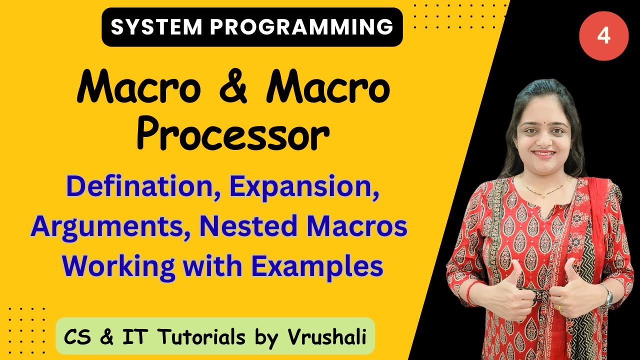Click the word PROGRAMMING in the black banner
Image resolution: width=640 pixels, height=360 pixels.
click(x=300, y=27)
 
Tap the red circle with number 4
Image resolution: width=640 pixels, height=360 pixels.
click(x=603, y=36)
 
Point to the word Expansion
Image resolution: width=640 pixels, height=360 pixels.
click(x=300, y=186)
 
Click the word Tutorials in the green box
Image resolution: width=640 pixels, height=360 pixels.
click(x=200, y=337)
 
